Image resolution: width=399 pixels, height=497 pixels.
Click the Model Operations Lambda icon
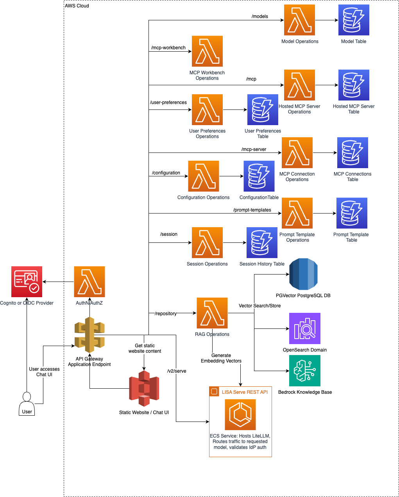(x=299, y=20)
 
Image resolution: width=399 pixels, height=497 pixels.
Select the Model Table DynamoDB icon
(x=354, y=20)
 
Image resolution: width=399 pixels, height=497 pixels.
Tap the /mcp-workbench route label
(x=168, y=48)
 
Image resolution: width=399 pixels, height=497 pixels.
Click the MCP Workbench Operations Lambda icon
(x=207, y=51)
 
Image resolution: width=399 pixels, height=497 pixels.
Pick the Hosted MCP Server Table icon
(x=354, y=85)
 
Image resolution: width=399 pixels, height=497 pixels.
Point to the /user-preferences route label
(x=168, y=102)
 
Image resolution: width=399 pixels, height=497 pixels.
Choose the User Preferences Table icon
(x=263, y=109)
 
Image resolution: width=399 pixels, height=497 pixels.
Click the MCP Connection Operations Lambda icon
(x=297, y=153)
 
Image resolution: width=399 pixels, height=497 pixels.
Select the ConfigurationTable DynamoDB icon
(x=259, y=176)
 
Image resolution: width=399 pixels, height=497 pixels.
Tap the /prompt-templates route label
(x=252, y=210)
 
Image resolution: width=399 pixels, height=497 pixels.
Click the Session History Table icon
(x=262, y=242)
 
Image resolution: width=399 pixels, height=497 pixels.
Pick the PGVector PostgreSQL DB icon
(x=303, y=274)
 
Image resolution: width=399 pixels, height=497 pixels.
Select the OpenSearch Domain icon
(x=305, y=328)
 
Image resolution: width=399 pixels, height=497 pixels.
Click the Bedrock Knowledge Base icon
(x=305, y=371)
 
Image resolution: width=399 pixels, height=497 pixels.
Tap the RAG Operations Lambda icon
(x=212, y=313)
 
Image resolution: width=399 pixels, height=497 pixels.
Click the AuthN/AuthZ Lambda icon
(x=89, y=282)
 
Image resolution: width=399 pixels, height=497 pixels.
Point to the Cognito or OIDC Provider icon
(x=27, y=282)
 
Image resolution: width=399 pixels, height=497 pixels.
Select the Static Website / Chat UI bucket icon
(x=144, y=389)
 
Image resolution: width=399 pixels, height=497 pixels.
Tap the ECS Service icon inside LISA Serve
(x=240, y=414)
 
